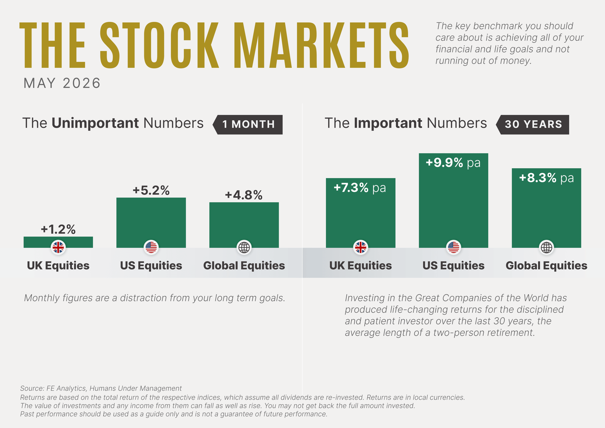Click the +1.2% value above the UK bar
coord(58,229)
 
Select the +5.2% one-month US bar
coord(151,223)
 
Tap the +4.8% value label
coord(244,195)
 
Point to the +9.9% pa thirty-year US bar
coord(453,200)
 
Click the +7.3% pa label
coord(360,188)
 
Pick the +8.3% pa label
coord(546,178)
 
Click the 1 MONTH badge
coord(248,124)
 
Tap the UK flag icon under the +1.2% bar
coord(58,247)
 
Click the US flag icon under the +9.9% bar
coord(453,247)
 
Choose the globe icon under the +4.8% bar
coord(244,247)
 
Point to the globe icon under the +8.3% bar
coord(547,247)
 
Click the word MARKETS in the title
coord(321,45)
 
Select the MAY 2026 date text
coord(62,83)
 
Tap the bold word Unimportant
coord(95,123)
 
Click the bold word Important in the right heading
coord(388,123)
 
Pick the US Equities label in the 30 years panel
coord(453,265)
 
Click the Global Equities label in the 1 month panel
coord(244,265)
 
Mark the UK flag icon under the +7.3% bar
coord(360,247)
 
